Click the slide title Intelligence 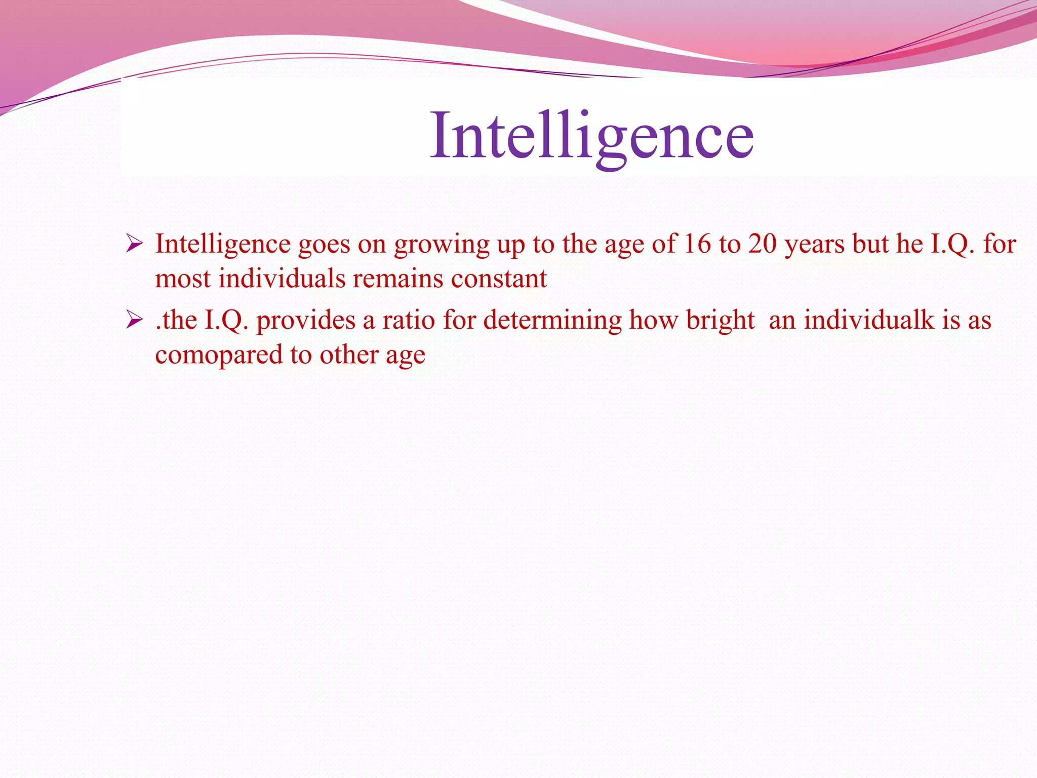click(591, 136)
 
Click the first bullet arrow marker click(134, 244)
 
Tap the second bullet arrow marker click(134, 320)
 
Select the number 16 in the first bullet click(697, 244)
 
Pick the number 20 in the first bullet click(763, 244)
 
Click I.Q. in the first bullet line click(952, 244)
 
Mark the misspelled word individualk click(868, 320)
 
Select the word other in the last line click(348, 355)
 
